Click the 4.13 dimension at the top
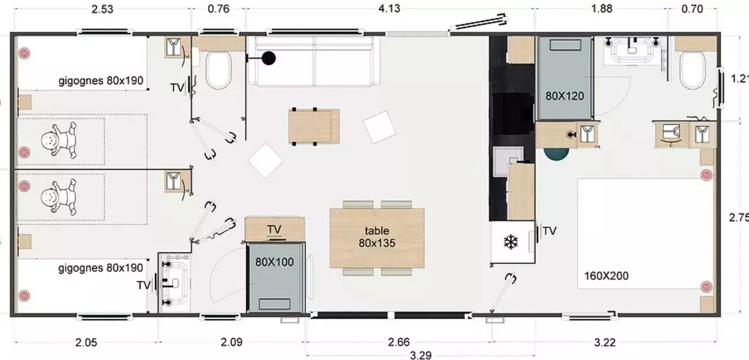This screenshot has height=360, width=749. pos(389,8)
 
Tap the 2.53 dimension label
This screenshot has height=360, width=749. pos(102,9)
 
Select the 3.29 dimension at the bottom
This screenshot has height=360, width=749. pos(420,355)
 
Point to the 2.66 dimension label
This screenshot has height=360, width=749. pos(398,342)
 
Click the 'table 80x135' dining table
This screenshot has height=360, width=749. pos(377,238)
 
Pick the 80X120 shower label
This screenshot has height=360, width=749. pos(565,96)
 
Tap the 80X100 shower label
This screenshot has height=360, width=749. pos(274,262)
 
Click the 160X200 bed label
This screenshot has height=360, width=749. pos(606,276)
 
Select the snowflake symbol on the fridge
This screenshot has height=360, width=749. pos(511,242)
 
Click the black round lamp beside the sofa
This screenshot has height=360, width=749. pos(269,58)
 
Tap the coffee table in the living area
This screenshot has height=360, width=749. pos(314,127)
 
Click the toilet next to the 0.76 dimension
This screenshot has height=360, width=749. pos(218,70)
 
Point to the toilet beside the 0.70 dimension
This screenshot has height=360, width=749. pos(693,70)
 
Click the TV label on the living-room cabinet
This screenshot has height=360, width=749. pos(274,229)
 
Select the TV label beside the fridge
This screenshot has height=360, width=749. pos(549,231)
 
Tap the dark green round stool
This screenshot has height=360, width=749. pos(556,153)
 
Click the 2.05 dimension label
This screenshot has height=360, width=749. pos(86,342)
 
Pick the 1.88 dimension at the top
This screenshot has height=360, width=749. pos(602,8)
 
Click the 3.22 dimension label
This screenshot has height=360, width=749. pos(605,342)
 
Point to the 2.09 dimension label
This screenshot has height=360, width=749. pos(231,342)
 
